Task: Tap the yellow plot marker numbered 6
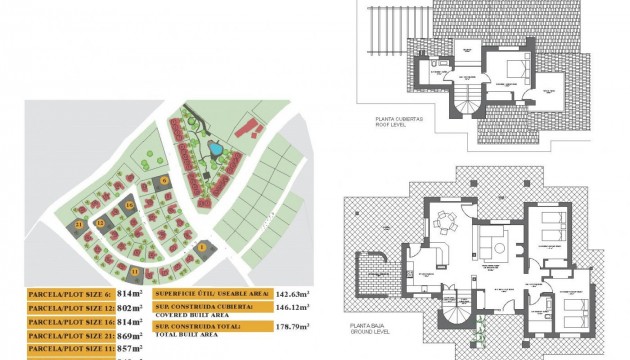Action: [x=165, y=181]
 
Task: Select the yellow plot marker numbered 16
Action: [x=130, y=205]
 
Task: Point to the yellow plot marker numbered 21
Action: [x=79, y=227]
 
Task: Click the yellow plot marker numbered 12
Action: [x=100, y=223]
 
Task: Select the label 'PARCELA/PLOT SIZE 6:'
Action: [x=68, y=293]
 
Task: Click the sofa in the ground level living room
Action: [x=493, y=243]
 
